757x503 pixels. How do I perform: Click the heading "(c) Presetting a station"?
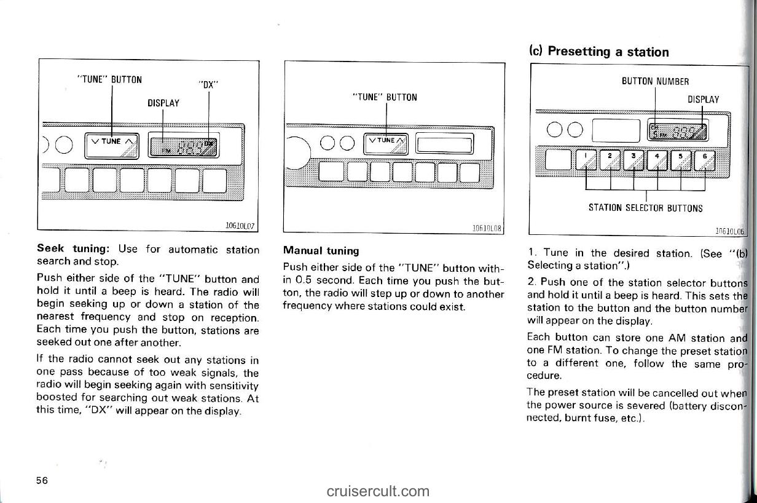coord(598,52)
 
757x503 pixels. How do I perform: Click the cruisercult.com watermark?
coord(378,491)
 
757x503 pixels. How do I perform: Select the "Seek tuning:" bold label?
coord(73,249)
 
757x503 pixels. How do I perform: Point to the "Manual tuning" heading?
coord(320,250)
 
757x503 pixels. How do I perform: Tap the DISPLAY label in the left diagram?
coord(163,103)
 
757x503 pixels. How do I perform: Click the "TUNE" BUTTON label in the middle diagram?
coord(385,97)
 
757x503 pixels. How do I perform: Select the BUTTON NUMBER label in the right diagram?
coord(655,81)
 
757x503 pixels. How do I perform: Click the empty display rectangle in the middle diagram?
coord(444,145)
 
